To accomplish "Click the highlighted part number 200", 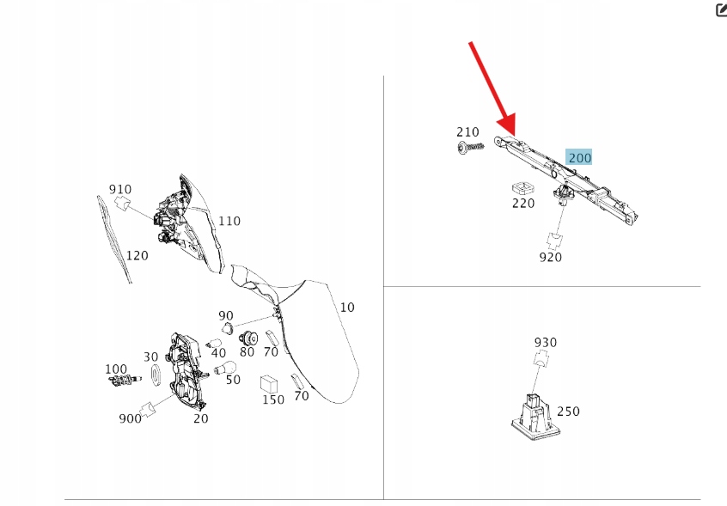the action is [579, 157].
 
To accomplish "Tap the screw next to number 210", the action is [470, 148].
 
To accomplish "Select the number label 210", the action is [467, 132].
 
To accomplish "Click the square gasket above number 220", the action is [523, 188].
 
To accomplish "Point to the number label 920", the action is [550, 257].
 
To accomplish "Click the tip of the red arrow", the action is [514, 135].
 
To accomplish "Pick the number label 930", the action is [545, 343].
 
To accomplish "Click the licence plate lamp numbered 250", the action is [532, 417].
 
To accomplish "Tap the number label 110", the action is [229, 221].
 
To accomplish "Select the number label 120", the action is [137, 255].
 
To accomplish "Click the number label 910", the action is [120, 189].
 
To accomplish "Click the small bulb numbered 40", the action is [213, 344].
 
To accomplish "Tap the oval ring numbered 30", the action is [156, 375].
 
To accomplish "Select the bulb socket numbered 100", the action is [125, 380].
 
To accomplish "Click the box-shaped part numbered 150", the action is [269, 385].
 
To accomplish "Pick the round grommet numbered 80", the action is [248, 338].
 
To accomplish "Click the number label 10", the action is [347, 308].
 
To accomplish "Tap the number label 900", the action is [130, 418].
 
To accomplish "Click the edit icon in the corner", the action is [722, 9].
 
